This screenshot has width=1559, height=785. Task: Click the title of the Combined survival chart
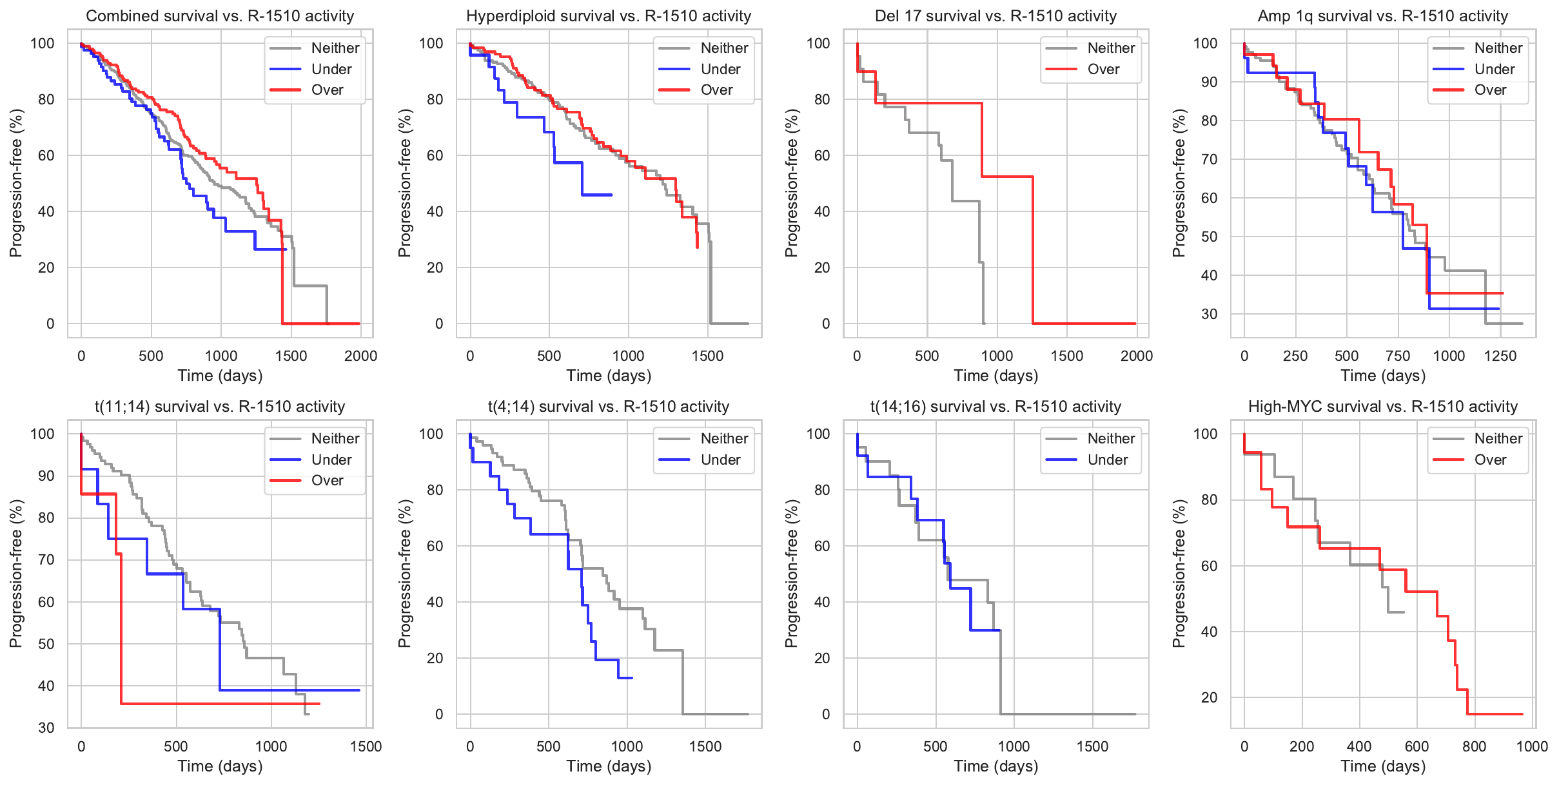tap(220, 16)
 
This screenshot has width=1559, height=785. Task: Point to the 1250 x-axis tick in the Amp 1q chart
tap(1500, 356)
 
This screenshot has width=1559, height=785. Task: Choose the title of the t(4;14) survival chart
tap(609, 407)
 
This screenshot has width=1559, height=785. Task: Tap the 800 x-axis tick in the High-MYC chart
tap(1475, 746)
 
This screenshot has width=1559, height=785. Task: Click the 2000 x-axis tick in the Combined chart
tap(360, 356)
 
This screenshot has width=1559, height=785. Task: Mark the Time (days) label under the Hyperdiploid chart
tap(609, 376)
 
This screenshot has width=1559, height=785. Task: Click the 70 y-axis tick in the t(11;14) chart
tap(46, 559)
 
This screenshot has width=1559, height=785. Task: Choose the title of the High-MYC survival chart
tap(1383, 407)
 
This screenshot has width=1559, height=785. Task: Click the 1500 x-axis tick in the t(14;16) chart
tap(1092, 746)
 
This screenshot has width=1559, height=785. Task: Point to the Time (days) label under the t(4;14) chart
tap(609, 766)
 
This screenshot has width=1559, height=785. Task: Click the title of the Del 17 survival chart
tap(995, 16)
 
